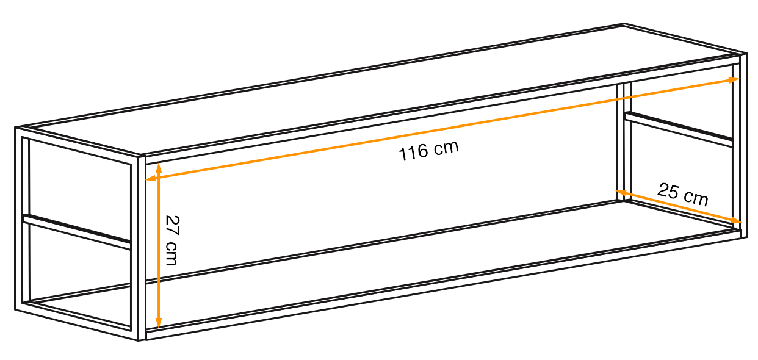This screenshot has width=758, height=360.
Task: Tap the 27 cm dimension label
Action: pyautogui.click(x=172, y=240)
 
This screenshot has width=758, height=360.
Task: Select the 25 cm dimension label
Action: pyautogui.click(x=683, y=194)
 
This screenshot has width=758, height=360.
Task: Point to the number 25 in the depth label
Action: pyautogui.click(x=668, y=191)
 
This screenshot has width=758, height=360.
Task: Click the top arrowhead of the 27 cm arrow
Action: pyautogui.click(x=158, y=169)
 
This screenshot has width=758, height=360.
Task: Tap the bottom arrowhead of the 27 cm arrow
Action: pyautogui.click(x=158, y=322)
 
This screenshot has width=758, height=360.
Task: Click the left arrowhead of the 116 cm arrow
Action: pyautogui.click(x=151, y=178)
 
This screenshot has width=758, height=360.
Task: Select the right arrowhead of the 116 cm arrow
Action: pyautogui.click(x=732, y=80)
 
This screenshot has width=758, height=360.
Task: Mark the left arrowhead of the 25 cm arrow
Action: pyautogui.click(x=622, y=193)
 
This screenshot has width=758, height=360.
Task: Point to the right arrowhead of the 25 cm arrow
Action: pyautogui.click(x=735, y=221)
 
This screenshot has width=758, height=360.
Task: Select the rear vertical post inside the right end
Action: pyautogui.click(x=624, y=142)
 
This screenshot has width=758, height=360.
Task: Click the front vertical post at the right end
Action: pyautogui.click(x=743, y=145)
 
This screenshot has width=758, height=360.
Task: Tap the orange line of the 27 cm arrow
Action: pyautogui.click(x=158, y=246)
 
